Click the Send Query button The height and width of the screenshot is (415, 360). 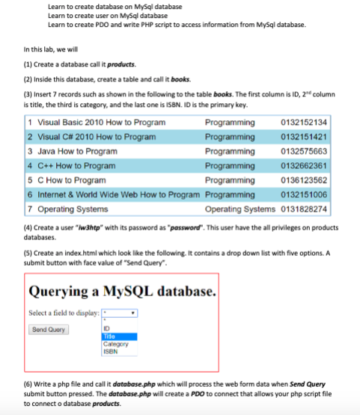coord(49,329)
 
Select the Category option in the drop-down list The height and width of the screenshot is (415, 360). coord(120,343)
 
